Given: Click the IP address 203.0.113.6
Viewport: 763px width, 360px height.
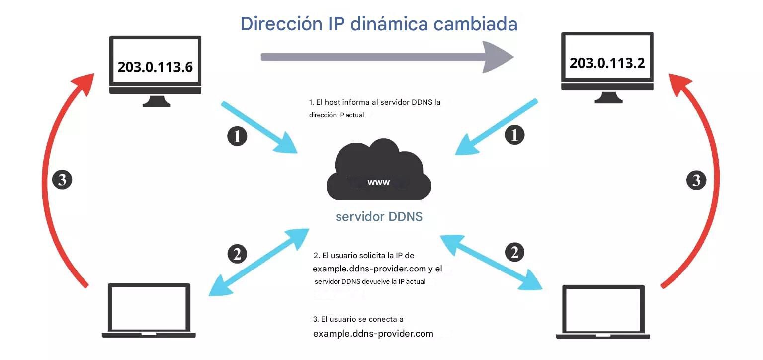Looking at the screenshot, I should pos(155,67).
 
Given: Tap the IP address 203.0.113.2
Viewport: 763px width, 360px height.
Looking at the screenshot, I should pos(607,63).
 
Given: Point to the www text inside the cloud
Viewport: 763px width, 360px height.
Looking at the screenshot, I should pos(379,182).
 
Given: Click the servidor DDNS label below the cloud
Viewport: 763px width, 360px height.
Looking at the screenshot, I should pos(379,216).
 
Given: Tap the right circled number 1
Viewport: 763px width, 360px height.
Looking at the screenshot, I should pos(515,135).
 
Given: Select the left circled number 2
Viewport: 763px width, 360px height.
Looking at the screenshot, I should pos(237,254).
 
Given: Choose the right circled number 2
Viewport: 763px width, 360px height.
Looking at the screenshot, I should pos(515,252).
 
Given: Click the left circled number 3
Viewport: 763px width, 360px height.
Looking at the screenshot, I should pos(62,180).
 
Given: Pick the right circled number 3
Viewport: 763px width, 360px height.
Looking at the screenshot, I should pos(696,180).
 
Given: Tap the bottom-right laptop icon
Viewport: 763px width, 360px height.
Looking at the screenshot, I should pos(603,312).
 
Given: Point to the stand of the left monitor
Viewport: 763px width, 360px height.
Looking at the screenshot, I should pos(156,101).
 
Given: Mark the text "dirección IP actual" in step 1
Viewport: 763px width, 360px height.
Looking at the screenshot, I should pos(337,115).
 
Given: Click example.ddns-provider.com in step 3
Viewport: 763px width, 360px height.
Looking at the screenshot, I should pos(373,333).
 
